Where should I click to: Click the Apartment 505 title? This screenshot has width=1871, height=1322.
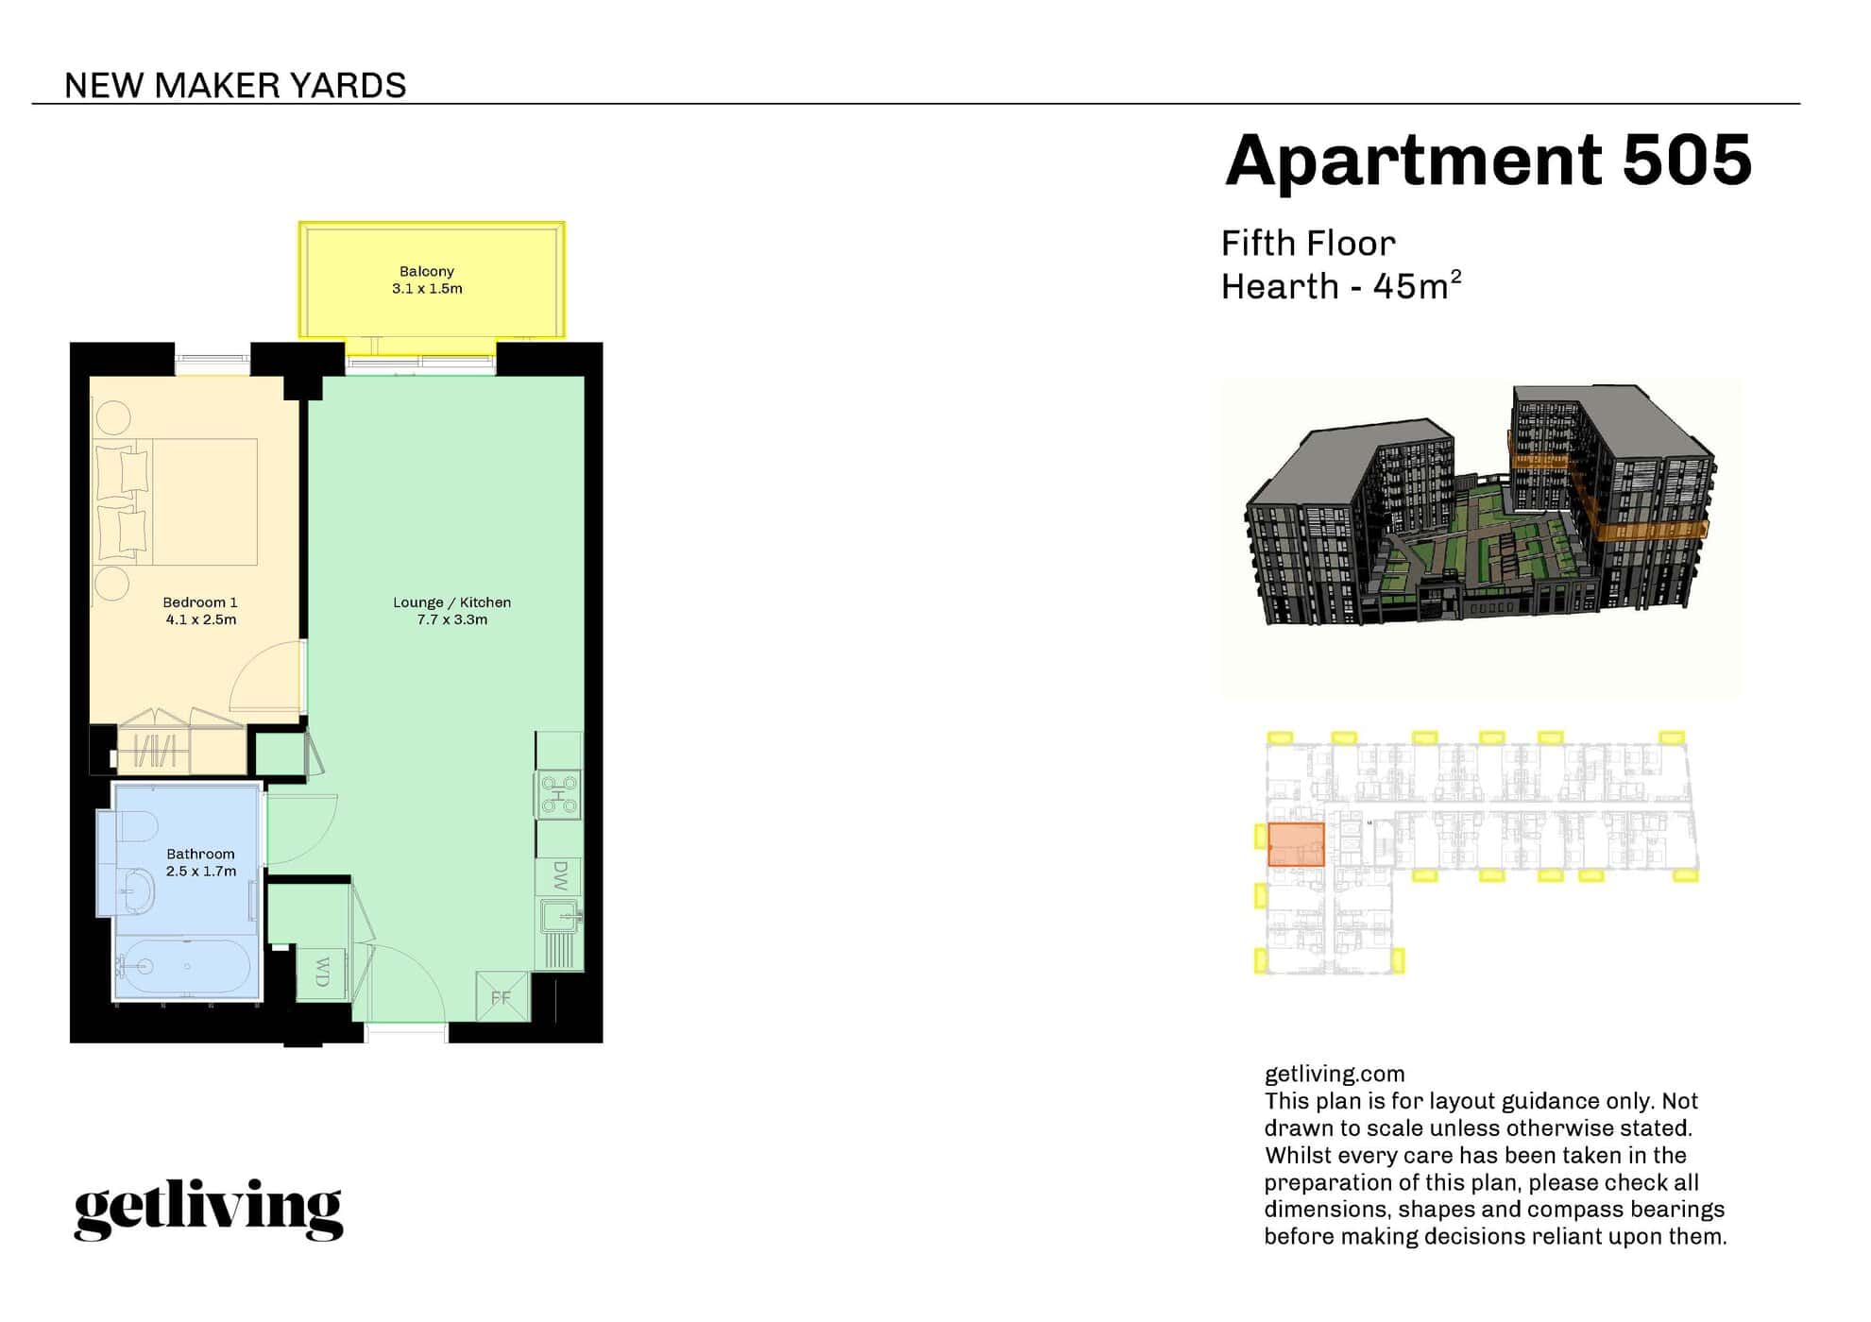1488,160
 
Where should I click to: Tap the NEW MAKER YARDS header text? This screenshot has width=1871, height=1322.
235,86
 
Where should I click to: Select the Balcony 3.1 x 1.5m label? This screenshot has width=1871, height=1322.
427,280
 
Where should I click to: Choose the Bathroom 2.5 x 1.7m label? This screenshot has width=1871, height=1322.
200,862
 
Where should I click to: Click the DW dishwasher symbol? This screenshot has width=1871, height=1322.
559,876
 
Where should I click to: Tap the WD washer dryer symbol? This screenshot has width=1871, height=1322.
322,972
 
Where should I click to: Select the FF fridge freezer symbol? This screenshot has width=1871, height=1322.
502,996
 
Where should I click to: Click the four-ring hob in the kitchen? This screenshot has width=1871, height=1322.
558,795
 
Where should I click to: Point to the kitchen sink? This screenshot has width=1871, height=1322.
561,916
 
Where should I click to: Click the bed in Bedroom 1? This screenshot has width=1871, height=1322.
176,501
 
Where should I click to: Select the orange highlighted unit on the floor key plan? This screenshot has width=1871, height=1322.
1296,844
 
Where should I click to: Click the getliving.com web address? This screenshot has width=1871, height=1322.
1335,1074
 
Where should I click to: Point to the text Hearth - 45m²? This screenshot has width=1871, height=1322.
1341,285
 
